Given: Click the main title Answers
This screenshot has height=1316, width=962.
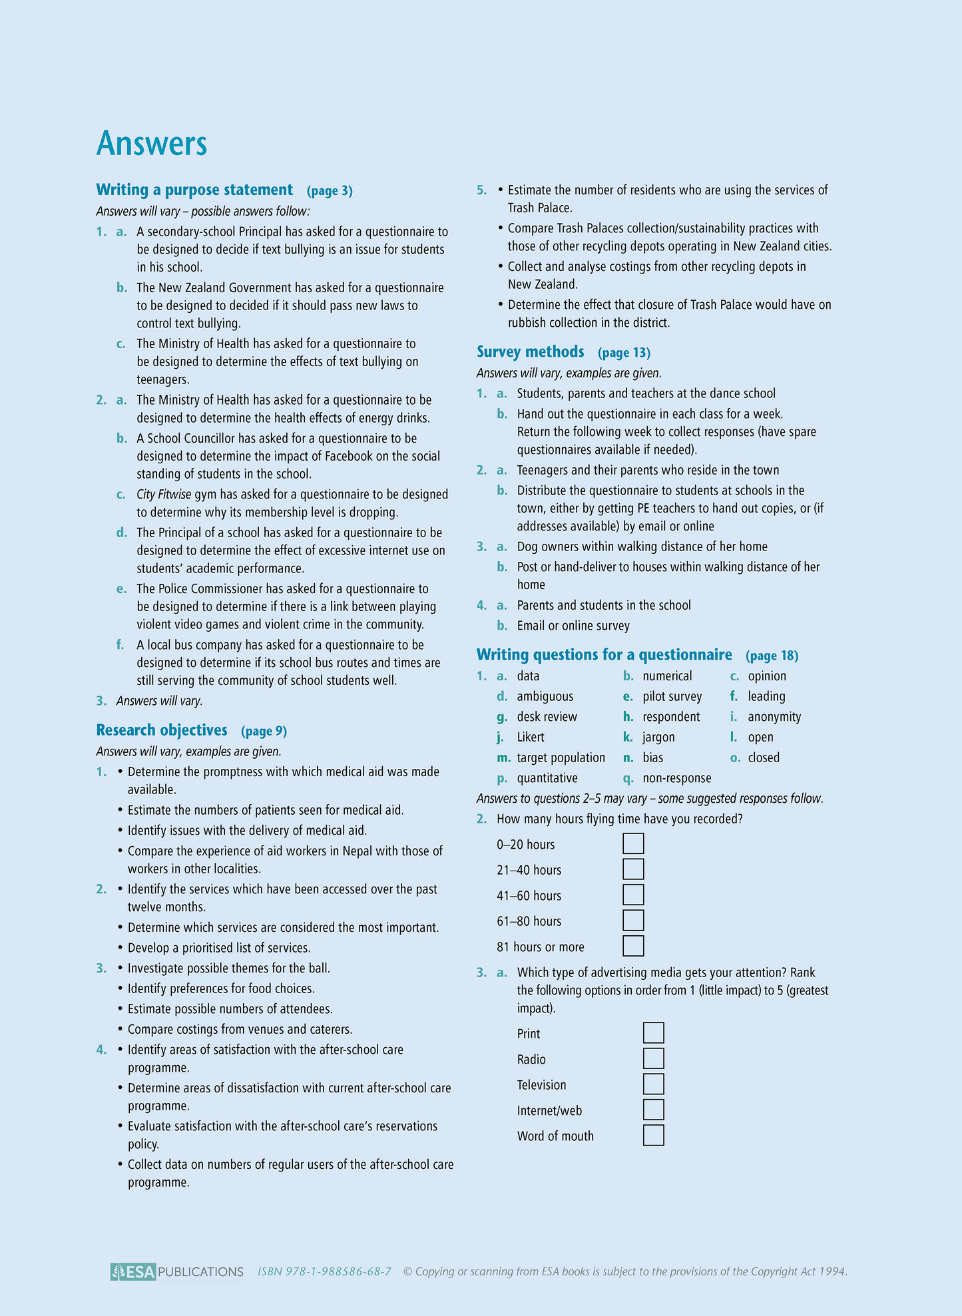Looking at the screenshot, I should click(x=152, y=143).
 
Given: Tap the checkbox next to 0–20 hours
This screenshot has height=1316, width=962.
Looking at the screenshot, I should click(x=633, y=843).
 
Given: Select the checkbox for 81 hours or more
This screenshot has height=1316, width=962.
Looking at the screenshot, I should click(x=633, y=946).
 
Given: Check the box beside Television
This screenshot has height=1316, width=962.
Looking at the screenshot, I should click(x=653, y=1084).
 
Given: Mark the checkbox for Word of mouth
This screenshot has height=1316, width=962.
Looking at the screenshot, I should click(x=653, y=1136).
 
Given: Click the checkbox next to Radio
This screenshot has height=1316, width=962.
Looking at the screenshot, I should click(x=653, y=1058).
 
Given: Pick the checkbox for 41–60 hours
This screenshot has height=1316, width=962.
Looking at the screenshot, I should click(x=633, y=895).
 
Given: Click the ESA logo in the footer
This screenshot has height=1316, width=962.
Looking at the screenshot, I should click(x=133, y=1271).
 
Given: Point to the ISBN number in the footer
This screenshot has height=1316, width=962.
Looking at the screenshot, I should click(x=324, y=1271).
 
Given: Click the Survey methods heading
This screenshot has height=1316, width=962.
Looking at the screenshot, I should click(x=530, y=351).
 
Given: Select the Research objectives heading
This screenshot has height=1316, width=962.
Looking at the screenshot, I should click(x=162, y=730).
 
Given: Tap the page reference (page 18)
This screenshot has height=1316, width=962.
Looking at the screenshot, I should click(x=772, y=656).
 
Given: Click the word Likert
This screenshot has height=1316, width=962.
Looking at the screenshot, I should click(x=531, y=737).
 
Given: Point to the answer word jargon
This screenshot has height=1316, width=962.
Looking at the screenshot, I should click(x=658, y=737).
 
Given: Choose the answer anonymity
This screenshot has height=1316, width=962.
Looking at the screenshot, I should click(x=774, y=717).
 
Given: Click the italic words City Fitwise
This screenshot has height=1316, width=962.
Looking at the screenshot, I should click(x=164, y=494).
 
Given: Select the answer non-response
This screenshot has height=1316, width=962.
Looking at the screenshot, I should click(x=676, y=778).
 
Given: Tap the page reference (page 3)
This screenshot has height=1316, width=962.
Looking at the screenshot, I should click(x=330, y=191).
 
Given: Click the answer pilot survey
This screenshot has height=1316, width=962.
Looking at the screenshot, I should click(x=672, y=696).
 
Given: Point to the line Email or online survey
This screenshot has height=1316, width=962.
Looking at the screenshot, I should click(x=573, y=626).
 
